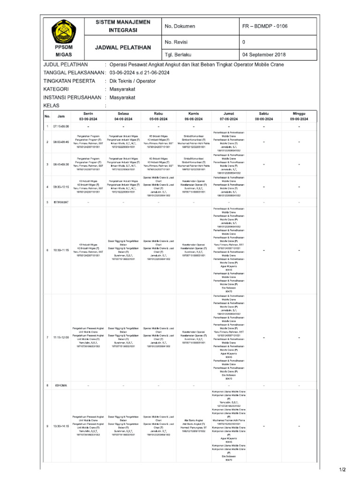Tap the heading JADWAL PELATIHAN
pyautogui.click(x=123, y=48)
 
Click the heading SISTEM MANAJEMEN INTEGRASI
pyautogui.click(x=123, y=26)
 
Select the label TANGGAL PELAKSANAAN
pyautogui.click(x=73, y=73)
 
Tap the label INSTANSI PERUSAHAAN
pyautogui.click(x=72, y=97)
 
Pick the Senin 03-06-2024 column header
pyautogui.click(x=88, y=117)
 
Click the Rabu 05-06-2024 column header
pyautogui.click(x=158, y=117)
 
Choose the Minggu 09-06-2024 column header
pyautogui.click(x=299, y=117)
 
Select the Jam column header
pyautogui.click(x=61, y=117)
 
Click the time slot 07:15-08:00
pyautogui.click(x=61, y=127)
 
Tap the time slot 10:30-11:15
pyautogui.click(x=61, y=250)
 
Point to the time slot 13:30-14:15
pyautogui.click(x=61, y=426)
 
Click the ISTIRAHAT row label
pyautogui.click(x=61, y=202)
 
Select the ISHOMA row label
pyautogui.click(x=61, y=385)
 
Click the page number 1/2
pyautogui.click(x=342, y=469)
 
